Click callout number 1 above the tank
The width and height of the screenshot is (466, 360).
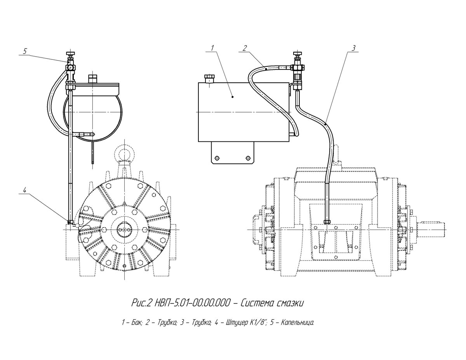pyautogui.click(x=212, y=48)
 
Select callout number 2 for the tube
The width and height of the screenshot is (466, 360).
pyautogui.click(x=245, y=48)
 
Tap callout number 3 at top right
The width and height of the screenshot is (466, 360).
pyautogui.click(x=354, y=48)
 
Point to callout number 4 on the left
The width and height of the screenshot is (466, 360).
pyautogui.click(x=25, y=190)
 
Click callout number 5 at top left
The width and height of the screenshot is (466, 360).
pyautogui.click(x=25, y=51)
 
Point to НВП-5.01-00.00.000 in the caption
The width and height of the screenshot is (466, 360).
pyautogui.click(x=192, y=303)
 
